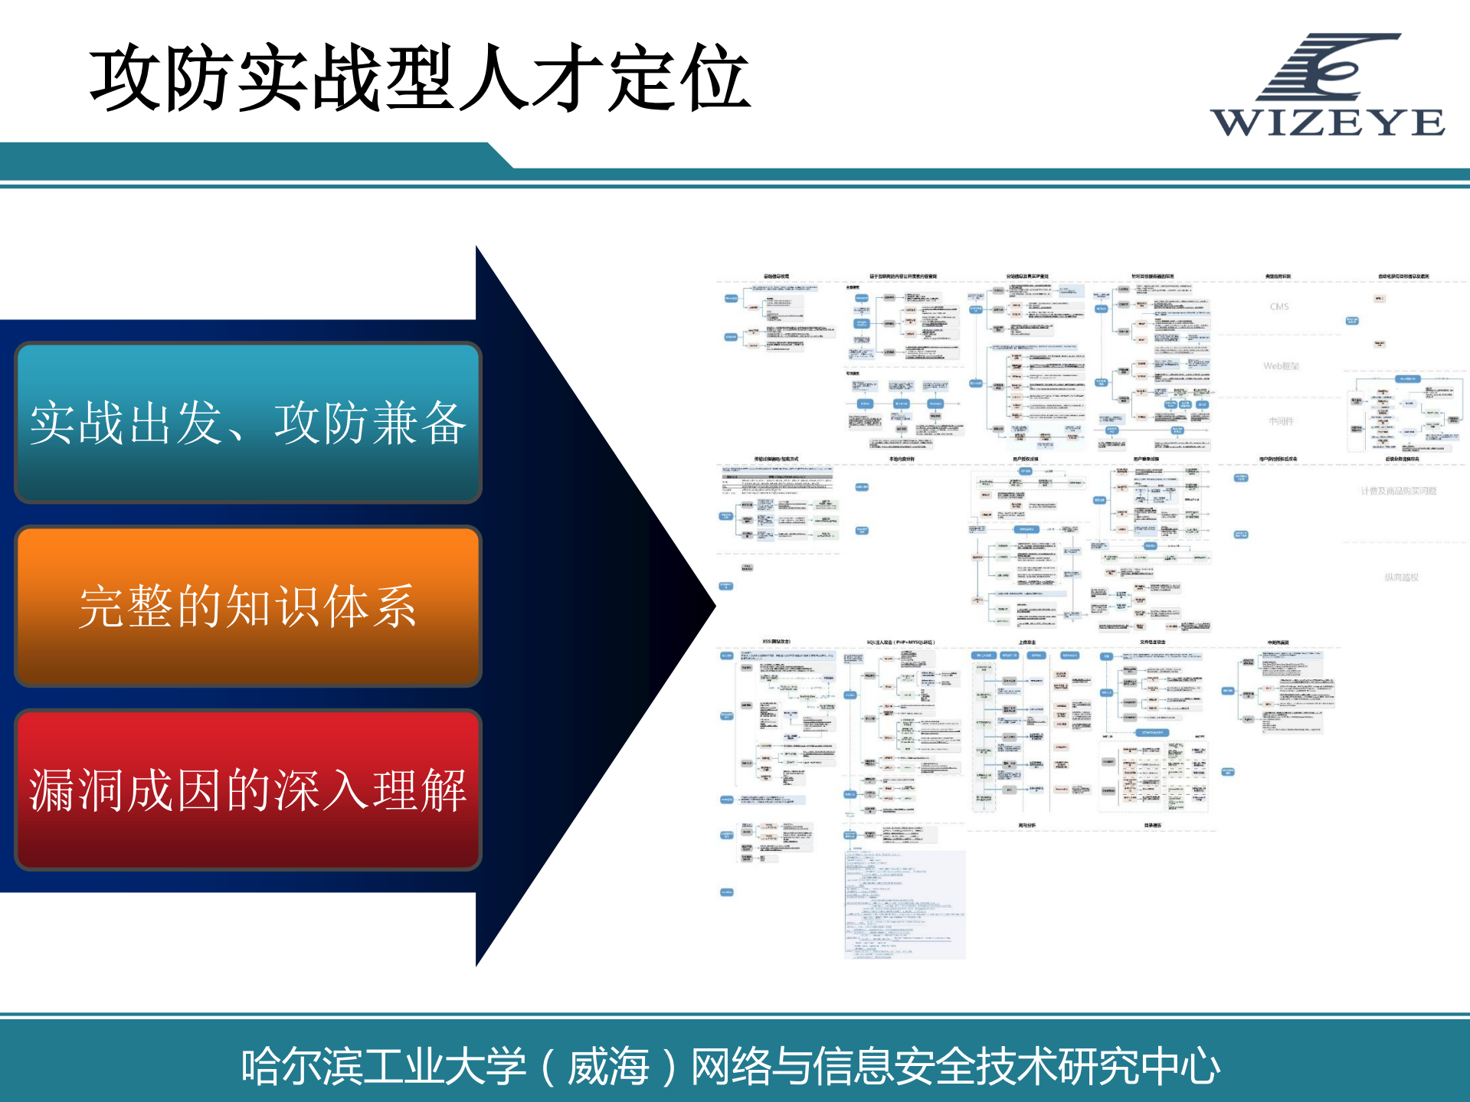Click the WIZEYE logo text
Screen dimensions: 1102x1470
click(x=1328, y=123)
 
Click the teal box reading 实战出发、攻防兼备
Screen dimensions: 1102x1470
click(x=247, y=423)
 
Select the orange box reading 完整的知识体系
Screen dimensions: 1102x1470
click(x=247, y=606)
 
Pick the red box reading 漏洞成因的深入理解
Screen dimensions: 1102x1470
click(x=247, y=790)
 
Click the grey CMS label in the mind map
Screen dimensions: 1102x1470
click(x=1279, y=306)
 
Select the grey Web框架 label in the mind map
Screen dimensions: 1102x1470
click(x=1281, y=366)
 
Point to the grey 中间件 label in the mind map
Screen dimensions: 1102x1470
click(x=1281, y=421)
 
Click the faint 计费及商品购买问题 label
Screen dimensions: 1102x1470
click(x=1398, y=491)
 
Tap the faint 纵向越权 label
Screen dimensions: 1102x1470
click(x=1401, y=577)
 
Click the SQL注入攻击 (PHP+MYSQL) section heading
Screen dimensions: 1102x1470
click(x=900, y=643)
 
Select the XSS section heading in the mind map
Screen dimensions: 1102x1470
click(x=776, y=642)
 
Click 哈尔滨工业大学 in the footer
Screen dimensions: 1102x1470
click(x=383, y=1066)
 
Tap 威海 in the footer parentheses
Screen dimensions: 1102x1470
click(x=608, y=1066)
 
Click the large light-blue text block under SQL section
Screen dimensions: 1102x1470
click(x=905, y=904)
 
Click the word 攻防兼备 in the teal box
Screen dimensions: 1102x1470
click(x=370, y=423)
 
